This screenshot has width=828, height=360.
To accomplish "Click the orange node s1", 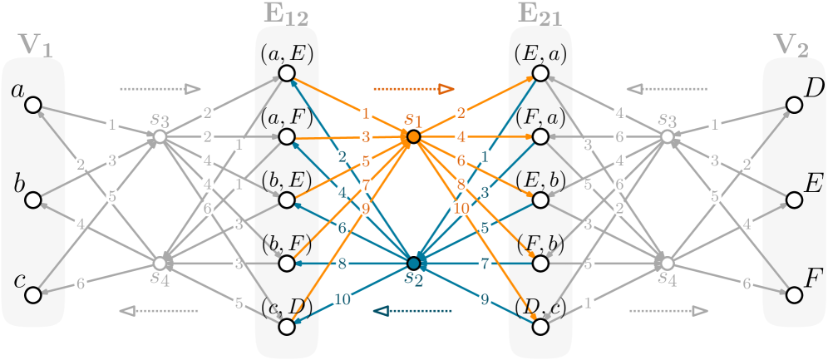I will [x=413, y=136].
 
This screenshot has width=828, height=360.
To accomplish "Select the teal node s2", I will [x=413, y=264].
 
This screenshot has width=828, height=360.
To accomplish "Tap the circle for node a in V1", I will [x=33, y=105].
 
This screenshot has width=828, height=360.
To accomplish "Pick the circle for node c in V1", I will [x=33, y=295].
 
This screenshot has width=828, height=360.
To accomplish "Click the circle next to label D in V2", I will [x=793, y=105].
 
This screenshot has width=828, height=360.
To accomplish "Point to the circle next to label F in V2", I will [x=793, y=295].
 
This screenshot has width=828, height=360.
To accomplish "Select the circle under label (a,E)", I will [x=287, y=74].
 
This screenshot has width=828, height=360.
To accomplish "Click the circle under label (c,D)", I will [x=287, y=327].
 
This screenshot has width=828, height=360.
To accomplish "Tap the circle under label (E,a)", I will [x=540, y=74].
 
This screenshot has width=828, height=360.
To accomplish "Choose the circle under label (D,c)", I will [x=540, y=327].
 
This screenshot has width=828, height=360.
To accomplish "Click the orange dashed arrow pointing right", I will [x=413, y=88].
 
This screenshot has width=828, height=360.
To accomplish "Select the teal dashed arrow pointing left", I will [x=413, y=311].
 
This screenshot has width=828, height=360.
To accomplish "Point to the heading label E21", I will [x=540, y=13].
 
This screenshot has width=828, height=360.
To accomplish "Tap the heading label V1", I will [x=36, y=46].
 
